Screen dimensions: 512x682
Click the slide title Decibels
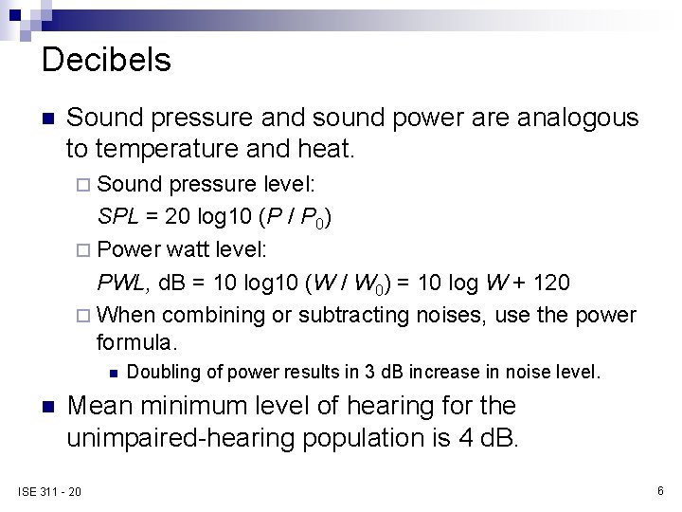click(107, 61)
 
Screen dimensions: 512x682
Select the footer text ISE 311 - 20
click(49, 490)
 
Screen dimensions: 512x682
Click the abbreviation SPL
click(117, 217)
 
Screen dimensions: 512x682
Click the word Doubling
click(160, 372)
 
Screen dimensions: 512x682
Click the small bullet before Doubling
click(112, 373)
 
